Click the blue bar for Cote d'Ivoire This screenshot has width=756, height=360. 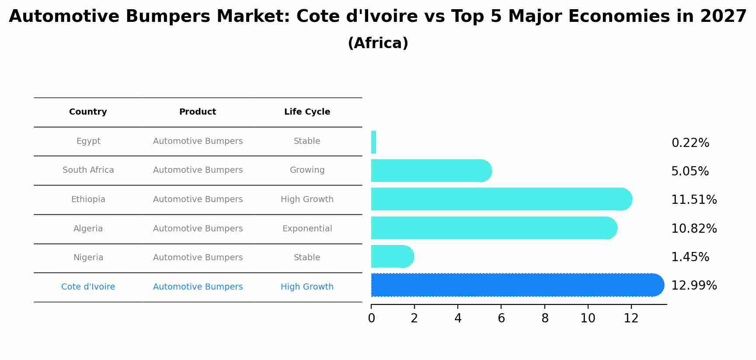pyautogui.click(x=516, y=285)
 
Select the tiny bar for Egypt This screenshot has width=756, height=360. pyautogui.click(x=373, y=142)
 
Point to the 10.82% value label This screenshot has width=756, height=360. pyautogui.click(x=694, y=228)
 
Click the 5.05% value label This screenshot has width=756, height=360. pyautogui.click(x=690, y=171)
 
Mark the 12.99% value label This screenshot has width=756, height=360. pyautogui.click(x=694, y=285)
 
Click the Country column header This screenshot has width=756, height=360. pyautogui.click(x=88, y=112)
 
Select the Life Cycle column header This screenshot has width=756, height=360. pyautogui.click(x=307, y=112)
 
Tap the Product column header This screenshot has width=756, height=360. pyautogui.click(x=198, y=112)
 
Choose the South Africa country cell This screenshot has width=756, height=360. pyautogui.click(x=88, y=170)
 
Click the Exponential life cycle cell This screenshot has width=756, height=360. pyautogui.click(x=307, y=229)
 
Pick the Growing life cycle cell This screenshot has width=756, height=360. pyautogui.click(x=307, y=170)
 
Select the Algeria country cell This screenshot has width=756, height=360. pyautogui.click(x=88, y=229)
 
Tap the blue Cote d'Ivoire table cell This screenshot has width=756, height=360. pyautogui.click(x=88, y=287)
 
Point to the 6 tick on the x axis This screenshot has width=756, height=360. pyautogui.click(x=501, y=318)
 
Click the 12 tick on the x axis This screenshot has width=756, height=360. pyautogui.click(x=631, y=318)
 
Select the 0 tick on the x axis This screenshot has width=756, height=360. pyautogui.click(x=371, y=318)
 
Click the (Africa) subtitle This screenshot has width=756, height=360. pyautogui.click(x=378, y=43)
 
